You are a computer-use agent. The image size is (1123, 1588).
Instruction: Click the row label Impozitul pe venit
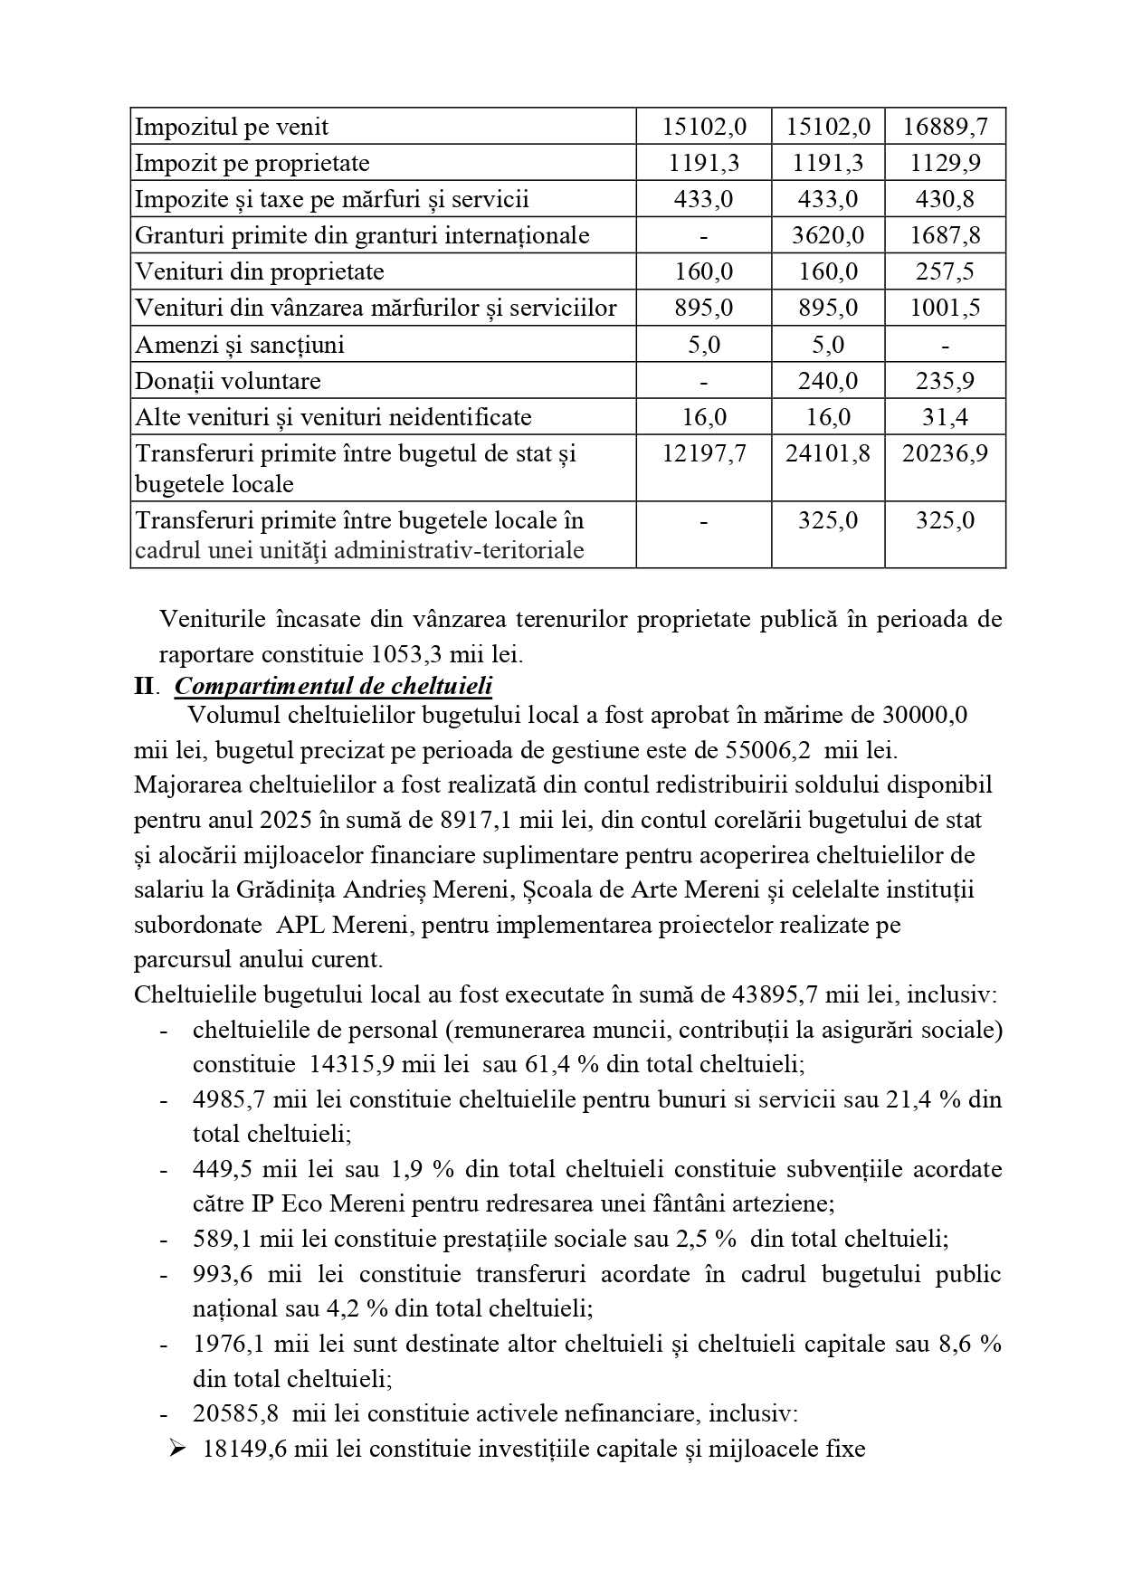coord(232,127)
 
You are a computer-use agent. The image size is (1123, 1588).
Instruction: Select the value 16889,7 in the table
coord(945,127)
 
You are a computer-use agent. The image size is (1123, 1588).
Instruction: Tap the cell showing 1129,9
coord(945,163)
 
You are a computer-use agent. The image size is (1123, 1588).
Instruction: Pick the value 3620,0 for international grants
coord(828,235)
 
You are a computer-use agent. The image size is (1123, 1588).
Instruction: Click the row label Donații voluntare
coord(227,381)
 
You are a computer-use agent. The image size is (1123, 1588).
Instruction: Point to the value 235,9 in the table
coord(945,381)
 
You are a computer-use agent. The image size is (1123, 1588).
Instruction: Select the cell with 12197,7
coord(704,453)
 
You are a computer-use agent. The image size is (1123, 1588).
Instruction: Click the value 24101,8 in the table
coord(828,453)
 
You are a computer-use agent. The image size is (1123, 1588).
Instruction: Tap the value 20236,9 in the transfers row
coord(945,453)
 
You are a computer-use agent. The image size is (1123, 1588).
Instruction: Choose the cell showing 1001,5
coord(945,308)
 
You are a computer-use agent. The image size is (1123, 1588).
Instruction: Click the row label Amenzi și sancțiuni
coord(239,345)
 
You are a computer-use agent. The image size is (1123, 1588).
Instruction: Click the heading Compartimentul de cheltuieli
coord(333,686)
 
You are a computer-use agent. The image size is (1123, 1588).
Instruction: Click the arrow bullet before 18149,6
coord(177,1449)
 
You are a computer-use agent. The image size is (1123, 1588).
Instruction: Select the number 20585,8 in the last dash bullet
coord(235,1413)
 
